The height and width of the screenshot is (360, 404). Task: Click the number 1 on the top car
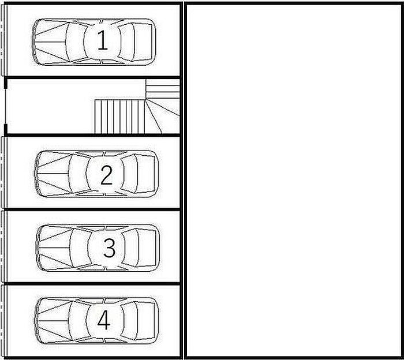tap(102, 40)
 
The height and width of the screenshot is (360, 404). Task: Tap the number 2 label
tap(106, 175)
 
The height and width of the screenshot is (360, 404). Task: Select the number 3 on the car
tap(109, 247)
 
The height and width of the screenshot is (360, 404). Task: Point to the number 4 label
tap(104, 320)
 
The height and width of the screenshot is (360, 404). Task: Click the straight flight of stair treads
tap(119, 117)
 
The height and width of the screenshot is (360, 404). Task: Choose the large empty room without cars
tap(294, 180)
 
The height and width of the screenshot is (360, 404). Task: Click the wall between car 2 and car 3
tap(93, 209)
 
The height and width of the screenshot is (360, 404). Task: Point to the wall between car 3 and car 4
tap(93, 283)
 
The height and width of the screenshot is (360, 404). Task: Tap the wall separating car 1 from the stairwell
tap(93, 77)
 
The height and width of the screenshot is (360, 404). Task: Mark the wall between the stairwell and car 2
tap(93, 135)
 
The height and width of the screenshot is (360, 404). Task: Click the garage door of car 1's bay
tap(2, 40)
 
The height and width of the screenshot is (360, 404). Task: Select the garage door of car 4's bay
tap(2, 321)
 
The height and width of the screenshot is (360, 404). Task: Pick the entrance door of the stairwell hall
tap(5, 106)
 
